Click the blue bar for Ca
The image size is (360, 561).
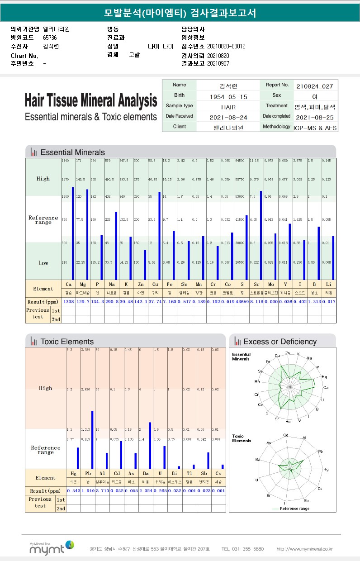point(72,233)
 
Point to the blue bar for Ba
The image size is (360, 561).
point(150,445)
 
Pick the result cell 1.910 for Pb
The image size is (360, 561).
point(88,491)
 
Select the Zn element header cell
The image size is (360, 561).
point(141,285)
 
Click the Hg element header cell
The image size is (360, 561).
point(74,473)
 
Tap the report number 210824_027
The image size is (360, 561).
point(315,86)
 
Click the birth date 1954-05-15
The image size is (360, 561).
point(228,97)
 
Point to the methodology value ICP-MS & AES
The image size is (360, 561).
point(315,128)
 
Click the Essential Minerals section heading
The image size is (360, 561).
point(72,152)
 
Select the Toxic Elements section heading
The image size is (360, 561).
point(67,342)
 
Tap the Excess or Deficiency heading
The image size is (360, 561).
point(280,342)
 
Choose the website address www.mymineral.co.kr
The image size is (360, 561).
point(304,549)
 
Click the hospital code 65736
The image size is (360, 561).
point(50,38)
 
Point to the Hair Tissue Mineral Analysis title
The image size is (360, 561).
point(91,100)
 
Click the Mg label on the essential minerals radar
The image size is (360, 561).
point(324,377)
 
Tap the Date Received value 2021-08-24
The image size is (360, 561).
point(228,117)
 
